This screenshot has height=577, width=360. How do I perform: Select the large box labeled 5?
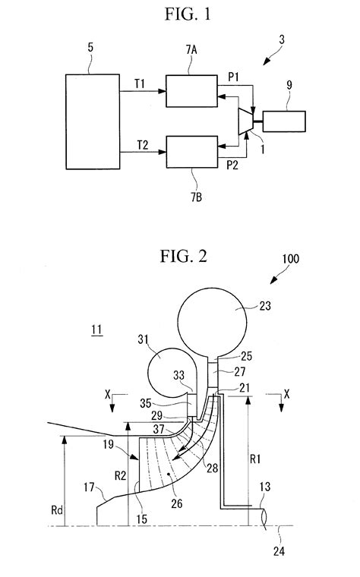click(x=91, y=121)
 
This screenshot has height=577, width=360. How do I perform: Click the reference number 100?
click(x=290, y=280)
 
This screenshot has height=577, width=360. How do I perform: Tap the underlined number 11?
click(x=96, y=331)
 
